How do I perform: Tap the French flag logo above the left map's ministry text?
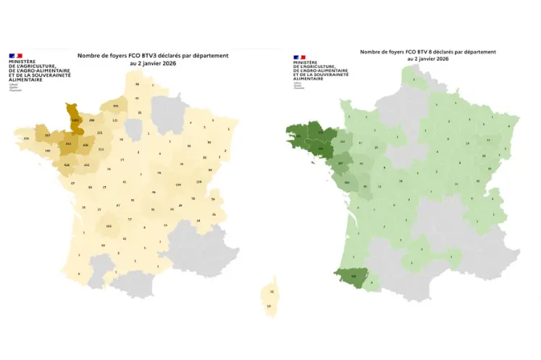point(15,56)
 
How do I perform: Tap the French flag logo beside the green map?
point(300,56)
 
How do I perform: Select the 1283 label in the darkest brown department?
point(75,120)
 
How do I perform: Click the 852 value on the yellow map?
point(69,144)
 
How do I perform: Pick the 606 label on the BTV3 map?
point(85,145)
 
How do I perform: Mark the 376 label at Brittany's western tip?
point(27,138)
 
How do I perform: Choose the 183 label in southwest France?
point(109,226)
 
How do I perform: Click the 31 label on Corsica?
point(272,291)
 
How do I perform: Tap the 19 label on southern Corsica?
point(269,306)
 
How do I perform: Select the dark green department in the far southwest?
point(353,276)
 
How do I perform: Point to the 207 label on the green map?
point(341,164)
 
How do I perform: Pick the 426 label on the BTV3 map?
point(67,165)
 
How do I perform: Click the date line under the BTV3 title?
point(153,63)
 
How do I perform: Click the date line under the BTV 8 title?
point(428,59)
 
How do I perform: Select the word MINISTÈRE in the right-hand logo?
point(306,62)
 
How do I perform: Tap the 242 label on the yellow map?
point(87,165)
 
